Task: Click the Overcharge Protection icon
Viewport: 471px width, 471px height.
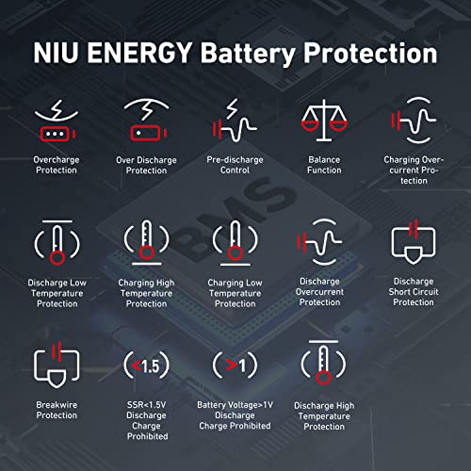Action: (x=56, y=122)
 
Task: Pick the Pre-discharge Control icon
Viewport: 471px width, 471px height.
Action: (x=235, y=122)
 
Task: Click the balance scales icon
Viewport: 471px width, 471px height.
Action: (x=324, y=120)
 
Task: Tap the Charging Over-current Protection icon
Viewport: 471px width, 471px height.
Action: (x=413, y=121)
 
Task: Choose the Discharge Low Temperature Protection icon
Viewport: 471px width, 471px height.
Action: (x=56, y=241)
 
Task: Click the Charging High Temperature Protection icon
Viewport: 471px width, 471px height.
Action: (x=146, y=241)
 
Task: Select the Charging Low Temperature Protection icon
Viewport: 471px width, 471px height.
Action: (x=235, y=241)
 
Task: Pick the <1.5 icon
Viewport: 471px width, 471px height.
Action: (x=146, y=365)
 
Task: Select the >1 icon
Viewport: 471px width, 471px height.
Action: (x=235, y=365)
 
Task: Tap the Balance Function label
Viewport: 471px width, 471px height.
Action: (x=324, y=166)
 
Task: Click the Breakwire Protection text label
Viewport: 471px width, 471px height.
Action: (x=56, y=411)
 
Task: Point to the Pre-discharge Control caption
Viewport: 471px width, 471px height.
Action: (x=235, y=166)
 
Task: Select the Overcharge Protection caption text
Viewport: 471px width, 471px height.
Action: (x=56, y=166)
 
